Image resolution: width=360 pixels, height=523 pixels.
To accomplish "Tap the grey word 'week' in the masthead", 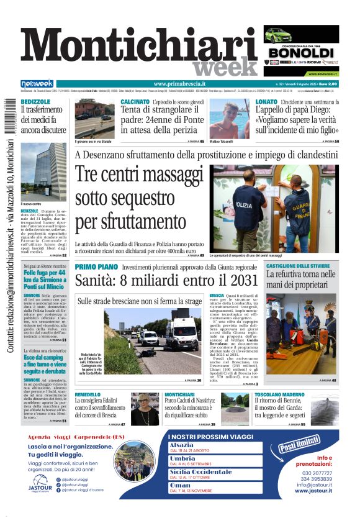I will coord(223,67).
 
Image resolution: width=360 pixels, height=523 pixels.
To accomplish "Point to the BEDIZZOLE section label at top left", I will coord(35,101).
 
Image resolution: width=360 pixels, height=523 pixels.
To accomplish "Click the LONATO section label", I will coord(266,101).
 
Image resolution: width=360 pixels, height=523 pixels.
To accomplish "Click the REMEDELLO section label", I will coord(92,394).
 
